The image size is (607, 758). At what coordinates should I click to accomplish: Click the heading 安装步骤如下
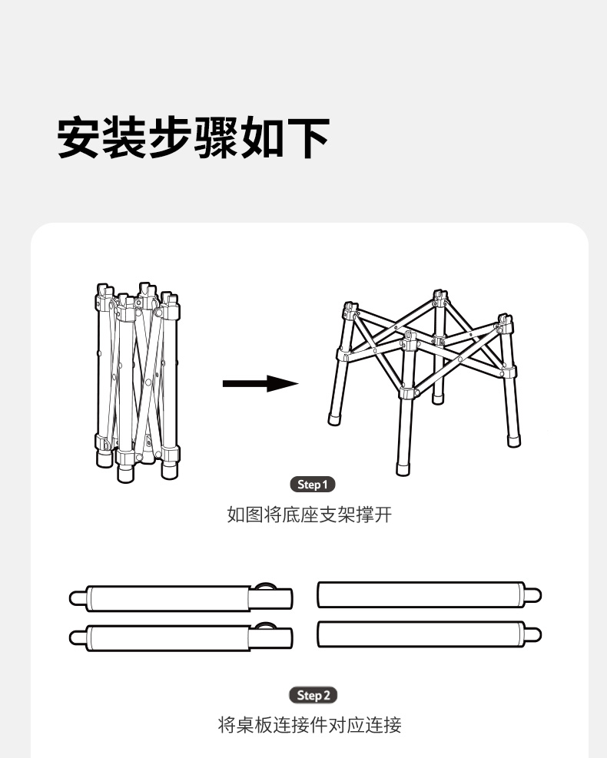click(194, 137)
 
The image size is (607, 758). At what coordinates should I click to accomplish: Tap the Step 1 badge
click(313, 485)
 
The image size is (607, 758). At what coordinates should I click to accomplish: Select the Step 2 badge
click(313, 695)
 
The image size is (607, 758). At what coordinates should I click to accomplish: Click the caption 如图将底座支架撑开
click(309, 515)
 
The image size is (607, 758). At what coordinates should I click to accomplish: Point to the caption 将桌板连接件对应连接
click(310, 725)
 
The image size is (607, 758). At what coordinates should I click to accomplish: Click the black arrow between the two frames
click(260, 384)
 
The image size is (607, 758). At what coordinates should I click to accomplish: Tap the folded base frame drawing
click(138, 382)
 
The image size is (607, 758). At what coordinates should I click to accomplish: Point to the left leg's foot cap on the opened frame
click(334, 419)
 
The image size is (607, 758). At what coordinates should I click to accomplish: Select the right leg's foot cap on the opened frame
click(514, 442)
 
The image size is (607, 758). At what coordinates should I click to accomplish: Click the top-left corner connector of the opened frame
click(350, 310)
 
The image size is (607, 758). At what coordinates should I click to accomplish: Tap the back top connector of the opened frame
click(439, 298)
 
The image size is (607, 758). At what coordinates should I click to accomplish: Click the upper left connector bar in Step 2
click(181, 598)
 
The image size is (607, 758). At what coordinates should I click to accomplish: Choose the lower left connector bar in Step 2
click(181, 637)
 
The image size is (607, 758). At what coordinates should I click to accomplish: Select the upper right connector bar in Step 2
click(430, 594)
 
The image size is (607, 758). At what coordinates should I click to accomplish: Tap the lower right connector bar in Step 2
click(430, 634)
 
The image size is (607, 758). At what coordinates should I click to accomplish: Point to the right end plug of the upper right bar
click(533, 595)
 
